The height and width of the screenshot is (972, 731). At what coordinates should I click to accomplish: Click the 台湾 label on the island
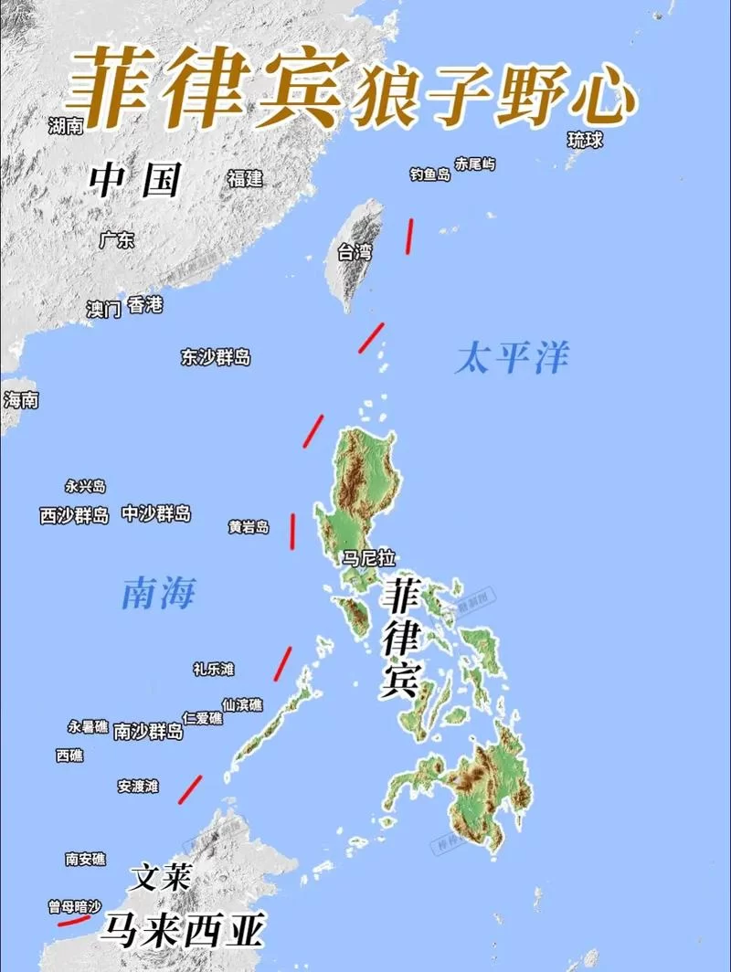[x=355, y=253]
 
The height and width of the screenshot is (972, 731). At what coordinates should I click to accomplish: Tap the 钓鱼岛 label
[x=429, y=174]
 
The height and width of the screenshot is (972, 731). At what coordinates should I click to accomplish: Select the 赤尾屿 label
[x=475, y=164]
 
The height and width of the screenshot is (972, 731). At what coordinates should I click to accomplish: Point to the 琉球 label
[x=586, y=140]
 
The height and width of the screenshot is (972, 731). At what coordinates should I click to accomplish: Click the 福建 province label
[x=245, y=178]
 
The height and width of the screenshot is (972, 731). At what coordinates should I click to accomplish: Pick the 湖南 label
[x=66, y=125]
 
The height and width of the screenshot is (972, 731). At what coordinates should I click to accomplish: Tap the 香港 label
[x=145, y=305]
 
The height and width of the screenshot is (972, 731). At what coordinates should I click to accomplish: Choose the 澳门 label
[x=103, y=309]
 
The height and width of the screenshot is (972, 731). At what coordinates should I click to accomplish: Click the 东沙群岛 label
[x=215, y=357]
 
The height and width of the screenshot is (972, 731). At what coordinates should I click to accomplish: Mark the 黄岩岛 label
[x=249, y=527]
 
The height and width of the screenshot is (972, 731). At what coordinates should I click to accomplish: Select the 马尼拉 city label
[x=368, y=557]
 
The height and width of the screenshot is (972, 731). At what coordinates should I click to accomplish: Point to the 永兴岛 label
[x=85, y=487]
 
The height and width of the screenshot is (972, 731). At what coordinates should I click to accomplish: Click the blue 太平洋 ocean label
[x=512, y=358]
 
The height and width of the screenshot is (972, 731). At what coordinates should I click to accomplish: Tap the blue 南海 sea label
[x=158, y=596]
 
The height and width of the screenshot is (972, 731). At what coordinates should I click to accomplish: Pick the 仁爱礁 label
[x=202, y=718]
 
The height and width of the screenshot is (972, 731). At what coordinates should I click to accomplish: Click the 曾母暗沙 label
[x=74, y=907]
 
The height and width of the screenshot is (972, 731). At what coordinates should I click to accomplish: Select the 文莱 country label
[x=160, y=879]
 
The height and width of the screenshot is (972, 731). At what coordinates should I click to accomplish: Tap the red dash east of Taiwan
[x=409, y=234]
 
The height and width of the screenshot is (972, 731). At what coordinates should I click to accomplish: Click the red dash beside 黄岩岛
[x=293, y=531]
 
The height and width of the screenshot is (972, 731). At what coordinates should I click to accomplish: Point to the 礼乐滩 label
[x=213, y=670]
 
